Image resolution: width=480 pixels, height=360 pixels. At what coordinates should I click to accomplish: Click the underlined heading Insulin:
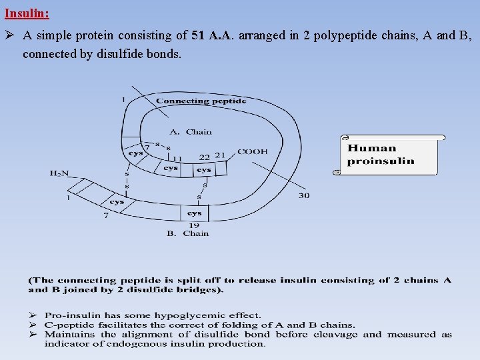27,13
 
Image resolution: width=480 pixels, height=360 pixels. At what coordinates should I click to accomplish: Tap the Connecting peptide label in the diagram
201,101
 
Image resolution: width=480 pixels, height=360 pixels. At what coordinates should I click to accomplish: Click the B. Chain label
187,233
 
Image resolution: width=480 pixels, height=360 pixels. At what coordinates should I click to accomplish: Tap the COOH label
252,152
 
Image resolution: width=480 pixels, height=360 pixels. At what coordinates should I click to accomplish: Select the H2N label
59,173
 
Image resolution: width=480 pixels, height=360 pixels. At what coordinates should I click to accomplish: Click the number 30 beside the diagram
303,195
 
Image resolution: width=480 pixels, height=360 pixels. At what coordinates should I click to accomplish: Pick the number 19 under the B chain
194,225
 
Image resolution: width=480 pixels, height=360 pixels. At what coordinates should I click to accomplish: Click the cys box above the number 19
194,213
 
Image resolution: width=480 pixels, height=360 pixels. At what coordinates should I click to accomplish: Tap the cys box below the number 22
203,170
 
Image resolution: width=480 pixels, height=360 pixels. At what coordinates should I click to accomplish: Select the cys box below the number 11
171,168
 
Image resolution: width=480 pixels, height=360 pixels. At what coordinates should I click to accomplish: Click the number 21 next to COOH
220,155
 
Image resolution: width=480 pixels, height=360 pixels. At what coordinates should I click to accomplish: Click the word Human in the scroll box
372,149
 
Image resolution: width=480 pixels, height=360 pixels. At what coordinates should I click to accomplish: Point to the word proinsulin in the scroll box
381,161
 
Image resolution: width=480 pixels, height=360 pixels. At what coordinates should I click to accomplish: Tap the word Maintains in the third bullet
70,334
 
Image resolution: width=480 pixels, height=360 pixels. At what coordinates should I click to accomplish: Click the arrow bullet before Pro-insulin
32,315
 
